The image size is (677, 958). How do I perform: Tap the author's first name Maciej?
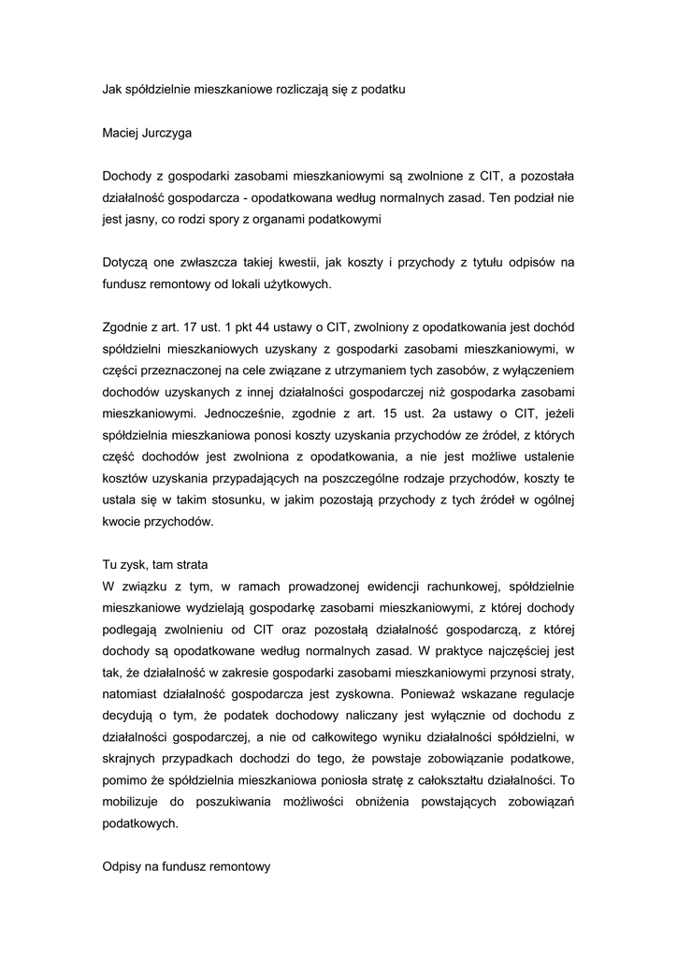pos(120,133)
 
